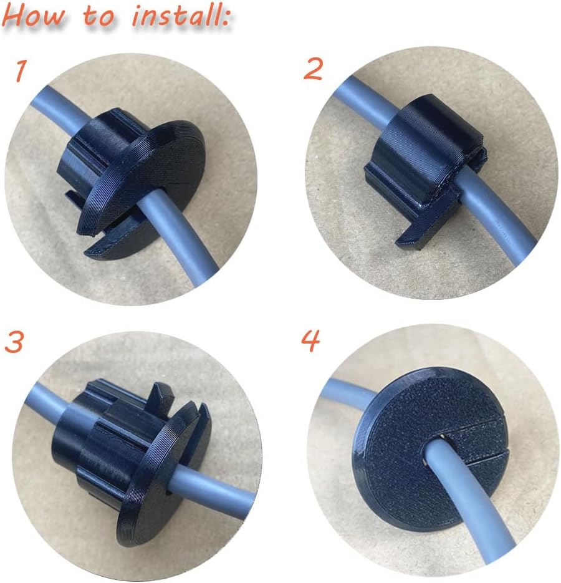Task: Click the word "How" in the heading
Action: pos(34,17)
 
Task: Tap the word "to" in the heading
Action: pos(98,17)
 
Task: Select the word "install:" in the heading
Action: pos(181,16)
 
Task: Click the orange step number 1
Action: pos(20,71)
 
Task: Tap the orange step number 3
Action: pos(14,342)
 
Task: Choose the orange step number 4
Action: pos(310,340)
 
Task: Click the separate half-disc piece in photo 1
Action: pos(123,242)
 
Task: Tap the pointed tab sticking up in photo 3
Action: pos(161,396)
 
